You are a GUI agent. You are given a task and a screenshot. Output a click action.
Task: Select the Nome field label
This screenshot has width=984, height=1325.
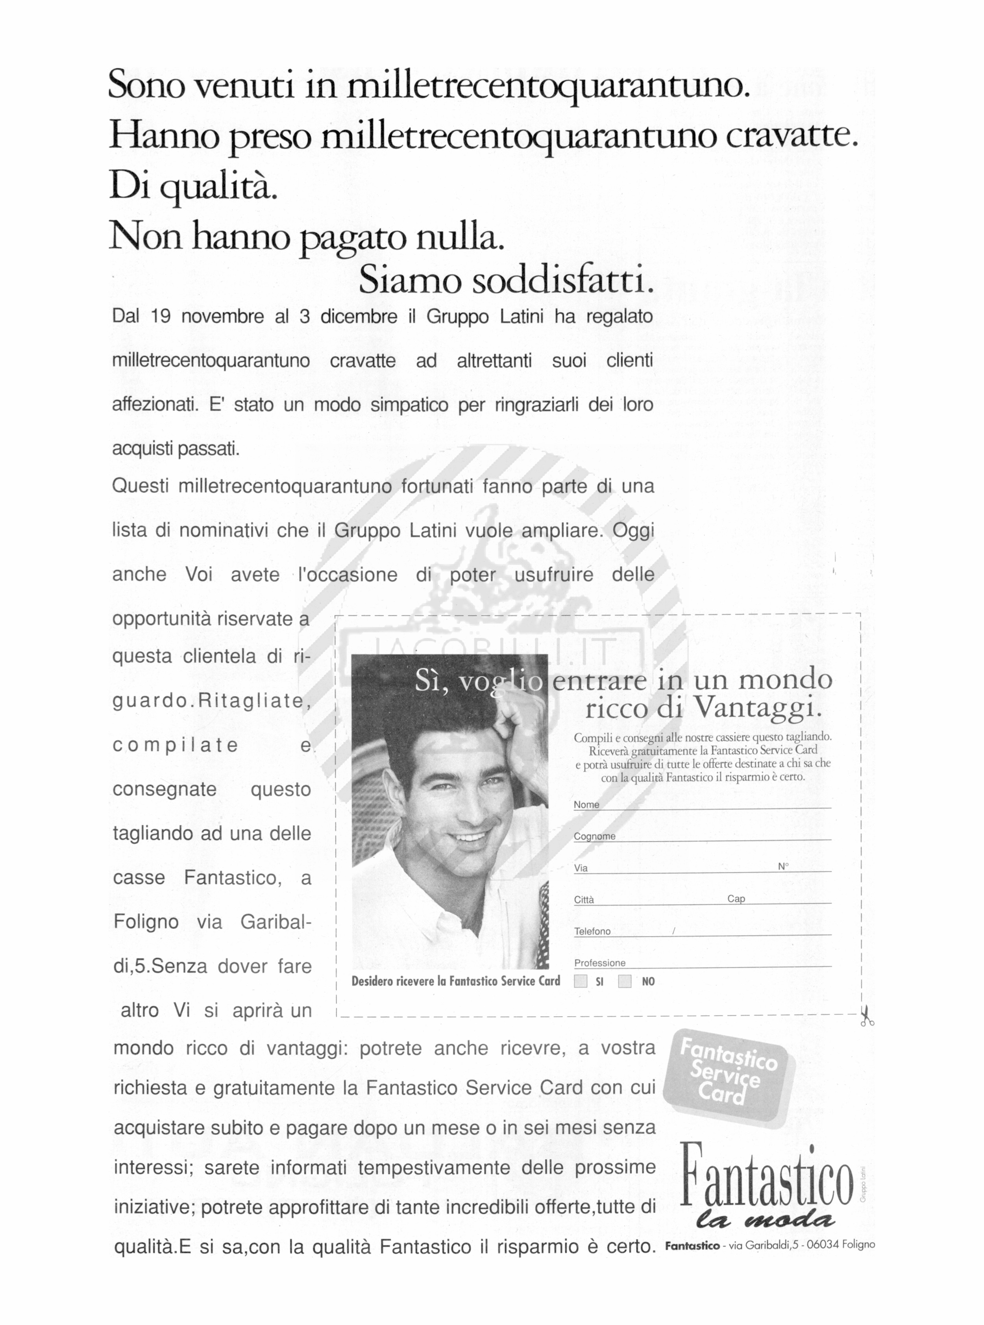(x=586, y=804)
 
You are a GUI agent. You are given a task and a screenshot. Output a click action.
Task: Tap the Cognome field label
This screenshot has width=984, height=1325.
(x=594, y=836)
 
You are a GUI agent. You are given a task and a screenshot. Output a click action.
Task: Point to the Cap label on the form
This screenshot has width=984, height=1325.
(x=736, y=899)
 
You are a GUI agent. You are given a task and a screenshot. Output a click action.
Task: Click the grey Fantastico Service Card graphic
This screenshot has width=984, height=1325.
(x=729, y=1079)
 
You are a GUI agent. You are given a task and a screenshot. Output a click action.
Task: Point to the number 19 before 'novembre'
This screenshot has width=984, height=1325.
(x=161, y=316)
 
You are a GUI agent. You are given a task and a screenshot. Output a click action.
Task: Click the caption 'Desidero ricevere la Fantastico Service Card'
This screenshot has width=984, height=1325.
(x=456, y=980)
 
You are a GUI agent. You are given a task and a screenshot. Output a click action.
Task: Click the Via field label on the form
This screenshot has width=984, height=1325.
(x=581, y=868)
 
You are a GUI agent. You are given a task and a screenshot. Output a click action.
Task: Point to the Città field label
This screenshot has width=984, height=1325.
(x=584, y=900)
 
